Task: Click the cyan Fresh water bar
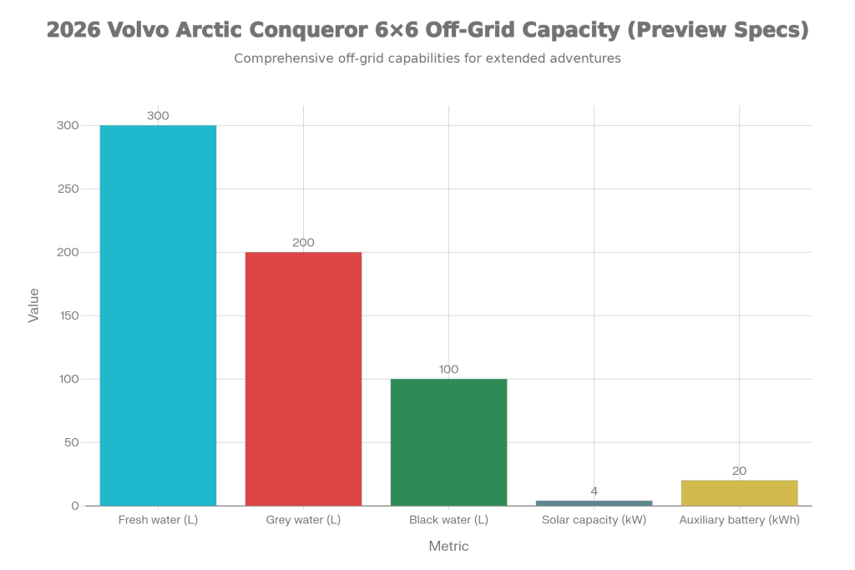tap(158, 315)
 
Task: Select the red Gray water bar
tap(303, 378)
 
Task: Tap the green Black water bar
tap(448, 441)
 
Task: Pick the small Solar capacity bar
tap(594, 502)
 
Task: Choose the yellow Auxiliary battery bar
tap(739, 492)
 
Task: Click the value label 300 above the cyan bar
tap(158, 116)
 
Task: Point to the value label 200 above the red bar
tap(303, 243)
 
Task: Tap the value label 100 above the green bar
tap(448, 370)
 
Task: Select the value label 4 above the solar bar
tap(594, 491)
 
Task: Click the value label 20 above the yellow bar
tap(739, 471)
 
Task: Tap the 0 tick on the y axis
tap(74, 506)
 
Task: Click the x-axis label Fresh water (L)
tap(158, 521)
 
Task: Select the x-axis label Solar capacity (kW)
tap(594, 521)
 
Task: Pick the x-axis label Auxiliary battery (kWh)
tap(739, 521)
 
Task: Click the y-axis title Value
tap(33, 305)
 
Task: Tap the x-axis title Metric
tap(448, 547)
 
